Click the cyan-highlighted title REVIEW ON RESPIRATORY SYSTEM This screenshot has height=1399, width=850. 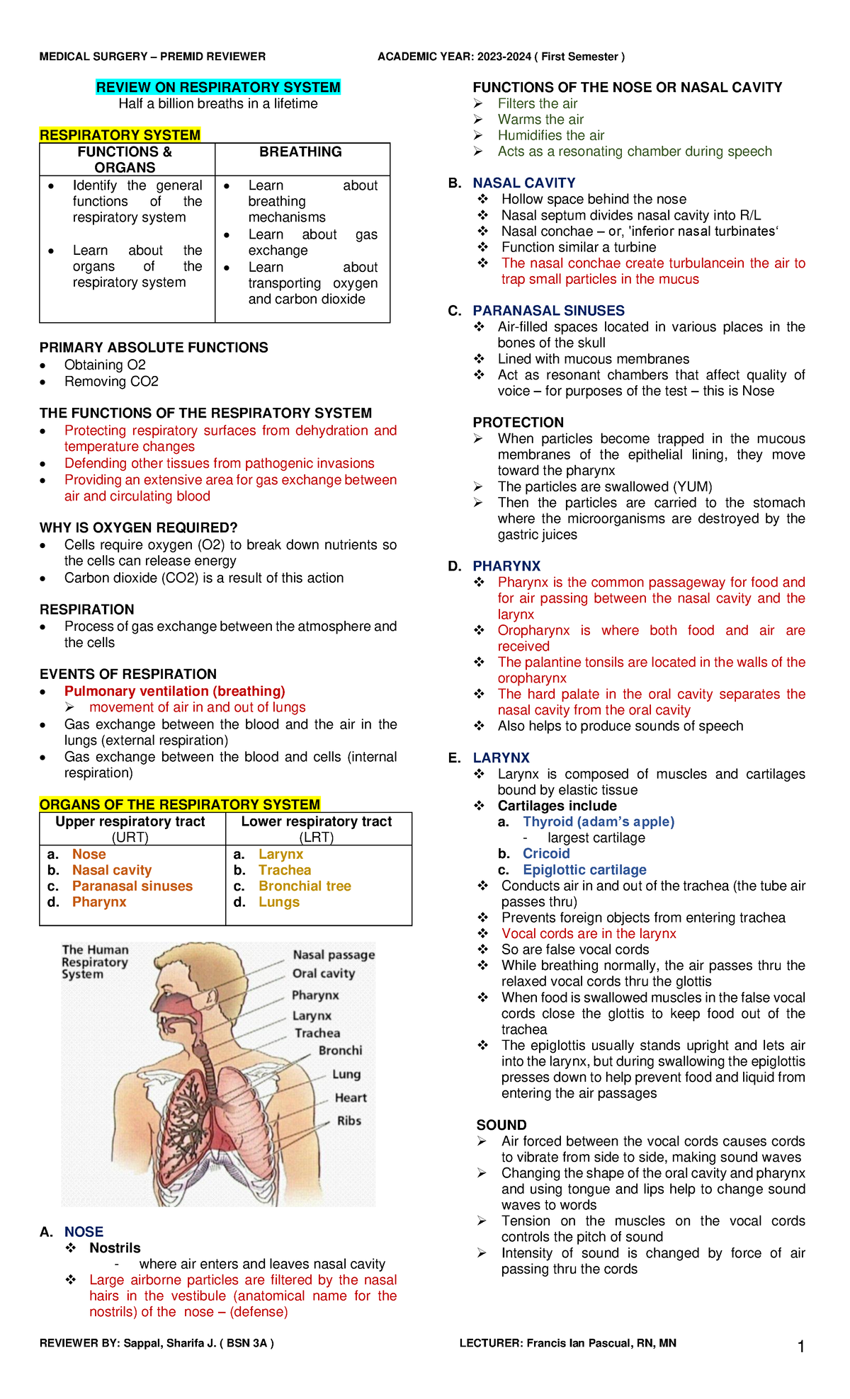[x=218, y=87]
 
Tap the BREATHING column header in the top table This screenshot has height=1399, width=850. [x=300, y=152]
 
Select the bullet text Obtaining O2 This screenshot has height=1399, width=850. [x=105, y=365]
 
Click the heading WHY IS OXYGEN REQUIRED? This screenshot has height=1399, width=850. [x=138, y=527]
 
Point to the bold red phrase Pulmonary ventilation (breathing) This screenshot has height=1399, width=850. [x=174, y=691]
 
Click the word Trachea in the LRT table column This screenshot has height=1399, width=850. [x=285, y=870]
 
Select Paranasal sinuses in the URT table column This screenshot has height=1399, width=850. [x=132, y=886]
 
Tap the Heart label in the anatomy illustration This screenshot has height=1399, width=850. [x=351, y=1097]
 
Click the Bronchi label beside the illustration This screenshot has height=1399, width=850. [x=340, y=1050]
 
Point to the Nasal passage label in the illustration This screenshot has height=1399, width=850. [x=334, y=954]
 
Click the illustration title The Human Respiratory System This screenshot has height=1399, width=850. [x=95, y=961]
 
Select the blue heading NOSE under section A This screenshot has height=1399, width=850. [x=84, y=1232]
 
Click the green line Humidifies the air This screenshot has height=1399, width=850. [x=551, y=135]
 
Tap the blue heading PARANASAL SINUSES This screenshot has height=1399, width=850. [x=548, y=311]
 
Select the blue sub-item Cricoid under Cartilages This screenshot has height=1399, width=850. [x=546, y=854]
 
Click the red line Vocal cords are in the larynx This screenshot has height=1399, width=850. [x=589, y=933]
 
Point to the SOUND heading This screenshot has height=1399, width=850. [x=501, y=1125]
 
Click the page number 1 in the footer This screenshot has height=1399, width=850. [x=801, y=1347]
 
